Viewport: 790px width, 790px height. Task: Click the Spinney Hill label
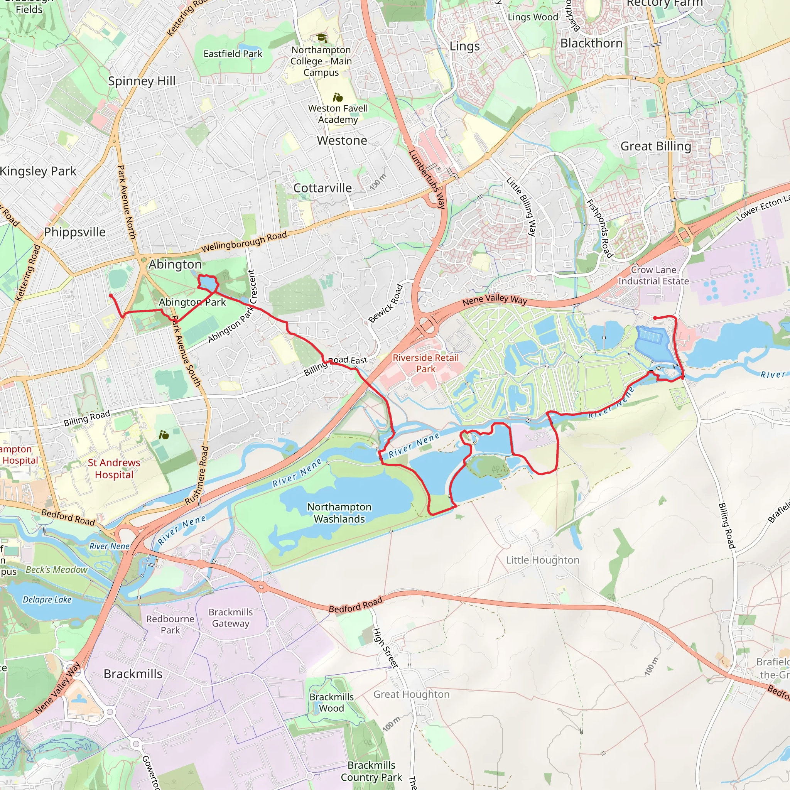tap(142, 81)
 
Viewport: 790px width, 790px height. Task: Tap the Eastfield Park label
tap(233, 54)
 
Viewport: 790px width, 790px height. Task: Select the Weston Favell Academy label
tap(338, 114)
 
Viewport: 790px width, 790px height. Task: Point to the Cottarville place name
tap(322, 188)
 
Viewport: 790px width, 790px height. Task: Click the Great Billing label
tap(655, 146)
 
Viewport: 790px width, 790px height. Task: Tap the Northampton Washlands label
tap(339, 513)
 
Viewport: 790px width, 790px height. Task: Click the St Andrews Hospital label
tap(114, 469)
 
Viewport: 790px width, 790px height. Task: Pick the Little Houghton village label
tap(542, 560)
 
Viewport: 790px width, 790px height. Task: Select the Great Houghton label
tap(411, 694)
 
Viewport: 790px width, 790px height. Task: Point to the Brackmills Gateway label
tap(231, 618)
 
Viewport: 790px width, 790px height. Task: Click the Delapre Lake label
tap(47, 599)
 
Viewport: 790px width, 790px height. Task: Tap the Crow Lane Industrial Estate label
tap(653, 275)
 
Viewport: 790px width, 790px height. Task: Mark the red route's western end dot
tap(111, 295)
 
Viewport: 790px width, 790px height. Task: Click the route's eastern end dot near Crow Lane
tap(655, 318)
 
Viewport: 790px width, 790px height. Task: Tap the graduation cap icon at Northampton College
tap(322, 38)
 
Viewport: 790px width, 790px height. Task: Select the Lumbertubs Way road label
tap(427, 179)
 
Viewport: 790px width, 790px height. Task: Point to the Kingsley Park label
tap(38, 171)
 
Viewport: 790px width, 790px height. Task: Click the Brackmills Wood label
tap(331, 702)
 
